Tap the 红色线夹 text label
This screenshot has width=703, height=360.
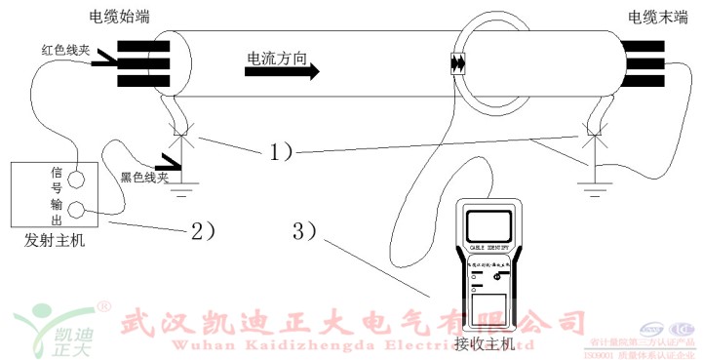point(67,49)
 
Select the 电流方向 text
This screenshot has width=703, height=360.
point(277,60)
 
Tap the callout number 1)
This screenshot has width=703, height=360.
point(281,151)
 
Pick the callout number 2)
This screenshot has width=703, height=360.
point(202,231)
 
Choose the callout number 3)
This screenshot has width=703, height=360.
point(305,231)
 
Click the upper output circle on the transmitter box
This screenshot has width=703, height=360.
point(74,179)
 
